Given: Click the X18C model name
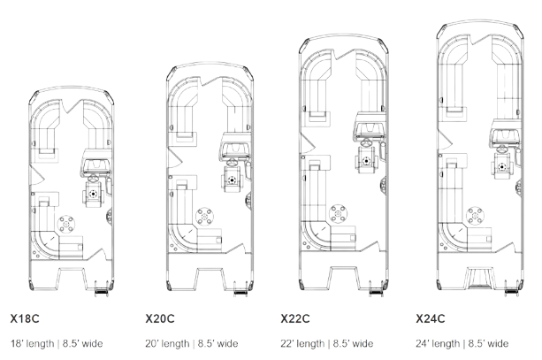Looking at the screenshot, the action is click(25, 318).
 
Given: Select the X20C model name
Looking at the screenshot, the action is click(160, 318).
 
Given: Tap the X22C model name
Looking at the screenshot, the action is click(295, 318).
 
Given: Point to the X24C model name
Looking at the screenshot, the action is click(431, 318).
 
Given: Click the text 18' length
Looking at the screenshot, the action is click(33, 343).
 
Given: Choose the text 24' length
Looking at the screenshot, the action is click(438, 343).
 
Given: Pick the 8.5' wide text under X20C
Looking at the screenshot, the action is click(218, 343).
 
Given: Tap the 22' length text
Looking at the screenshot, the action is click(302, 343).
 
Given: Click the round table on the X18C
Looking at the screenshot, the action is click(66, 224).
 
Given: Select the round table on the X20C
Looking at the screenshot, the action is click(204, 217).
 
